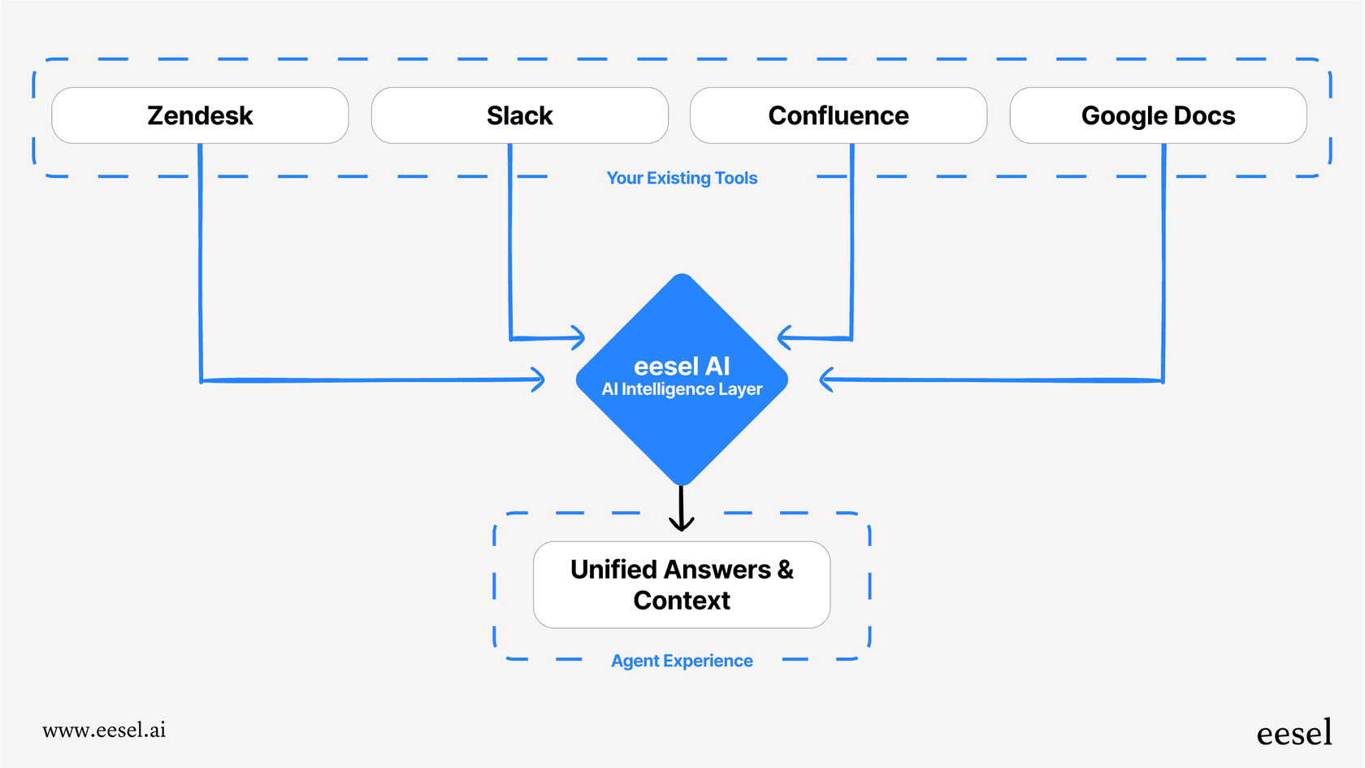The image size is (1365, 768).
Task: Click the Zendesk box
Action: coord(200,115)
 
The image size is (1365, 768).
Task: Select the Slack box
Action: coord(519,115)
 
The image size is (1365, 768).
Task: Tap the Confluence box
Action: coord(838,115)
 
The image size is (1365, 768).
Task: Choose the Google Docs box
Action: coord(1158,115)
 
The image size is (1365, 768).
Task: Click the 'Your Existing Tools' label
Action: coord(682,178)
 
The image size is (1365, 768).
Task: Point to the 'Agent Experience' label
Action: coord(682,661)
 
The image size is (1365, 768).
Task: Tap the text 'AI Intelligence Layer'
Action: coord(682,389)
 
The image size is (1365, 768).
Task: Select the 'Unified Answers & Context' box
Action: coord(682,584)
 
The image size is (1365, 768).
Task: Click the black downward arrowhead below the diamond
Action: coord(681,523)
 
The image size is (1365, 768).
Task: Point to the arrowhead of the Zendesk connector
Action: coord(538,380)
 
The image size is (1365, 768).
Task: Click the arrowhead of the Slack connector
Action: coord(578,337)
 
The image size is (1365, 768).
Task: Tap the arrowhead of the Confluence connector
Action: coord(784,337)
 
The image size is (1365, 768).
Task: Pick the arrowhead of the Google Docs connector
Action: coord(826,380)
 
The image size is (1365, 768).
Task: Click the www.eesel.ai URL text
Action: coord(104,730)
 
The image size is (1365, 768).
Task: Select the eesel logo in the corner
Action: coord(1293,733)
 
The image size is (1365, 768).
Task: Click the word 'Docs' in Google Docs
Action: coord(1204,115)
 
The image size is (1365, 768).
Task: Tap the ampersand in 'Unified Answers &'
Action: coord(785,569)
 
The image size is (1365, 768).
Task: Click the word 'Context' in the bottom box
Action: coord(682,601)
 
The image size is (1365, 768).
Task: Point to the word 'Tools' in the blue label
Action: coord(736,178)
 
